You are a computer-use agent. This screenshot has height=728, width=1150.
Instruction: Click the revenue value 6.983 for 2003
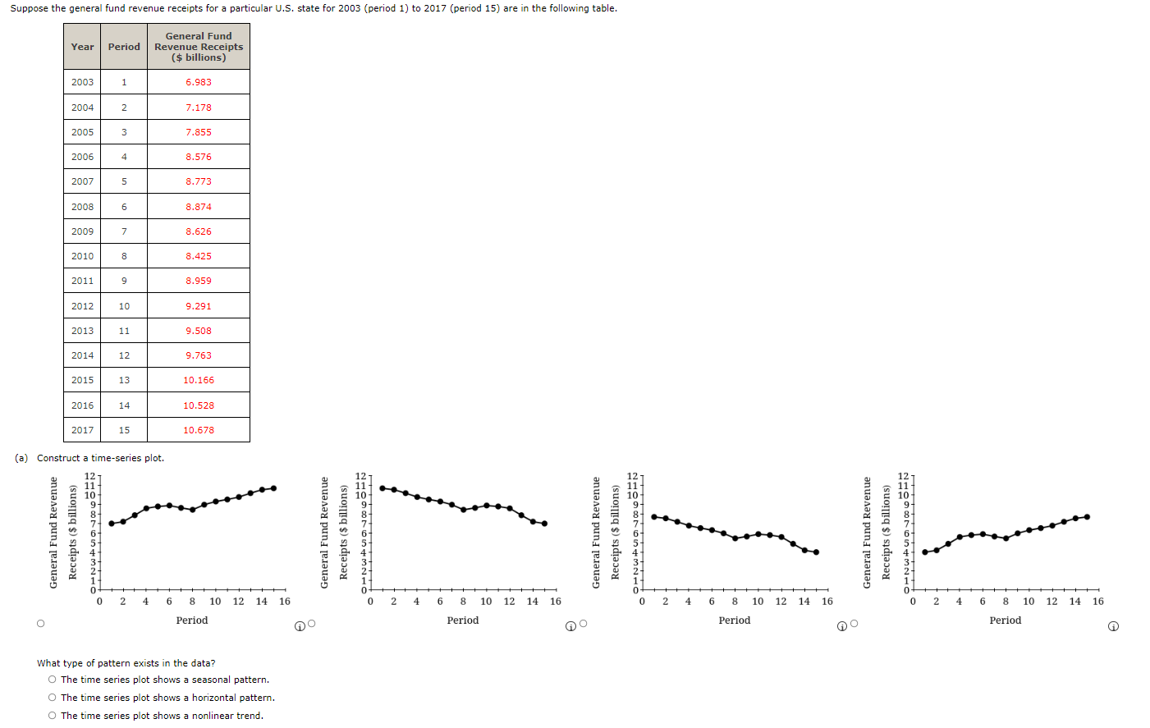click(198, 82)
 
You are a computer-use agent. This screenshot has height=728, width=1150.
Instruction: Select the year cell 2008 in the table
click(82, 207)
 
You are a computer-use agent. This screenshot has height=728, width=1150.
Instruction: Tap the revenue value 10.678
click(198, 430)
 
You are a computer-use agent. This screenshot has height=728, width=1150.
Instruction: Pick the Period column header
click(124, 47)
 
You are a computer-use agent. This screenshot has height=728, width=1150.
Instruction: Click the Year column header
click(82, 47)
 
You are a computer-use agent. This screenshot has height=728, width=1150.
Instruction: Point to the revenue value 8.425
click(198, 256)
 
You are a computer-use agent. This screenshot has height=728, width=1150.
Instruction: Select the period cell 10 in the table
click(124, 306)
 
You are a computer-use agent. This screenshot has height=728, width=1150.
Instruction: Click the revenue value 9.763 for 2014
click(198, 355)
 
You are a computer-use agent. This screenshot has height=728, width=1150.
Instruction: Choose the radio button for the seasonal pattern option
click(53, 680)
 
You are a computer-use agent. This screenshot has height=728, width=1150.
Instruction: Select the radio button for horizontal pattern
click(53, 698)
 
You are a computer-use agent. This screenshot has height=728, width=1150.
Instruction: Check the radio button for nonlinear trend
click(53, 716)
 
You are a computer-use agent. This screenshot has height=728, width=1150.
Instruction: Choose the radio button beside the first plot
click(40, 624)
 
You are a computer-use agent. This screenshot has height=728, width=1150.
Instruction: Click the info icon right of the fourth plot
click(1113, 626)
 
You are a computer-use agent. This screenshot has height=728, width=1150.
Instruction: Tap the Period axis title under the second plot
click(462, 620)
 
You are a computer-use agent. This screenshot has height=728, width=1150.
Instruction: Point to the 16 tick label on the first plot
click(284, 602)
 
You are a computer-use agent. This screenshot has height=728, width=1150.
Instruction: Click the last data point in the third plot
click(816, 552)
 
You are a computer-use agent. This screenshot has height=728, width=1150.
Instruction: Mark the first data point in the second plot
click(382, 488)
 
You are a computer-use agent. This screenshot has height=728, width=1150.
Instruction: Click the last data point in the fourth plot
click(1087, 517)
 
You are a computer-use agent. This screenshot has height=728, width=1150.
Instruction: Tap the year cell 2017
click(82, 430)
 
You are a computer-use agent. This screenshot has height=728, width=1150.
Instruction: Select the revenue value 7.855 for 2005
click(198, 132)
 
